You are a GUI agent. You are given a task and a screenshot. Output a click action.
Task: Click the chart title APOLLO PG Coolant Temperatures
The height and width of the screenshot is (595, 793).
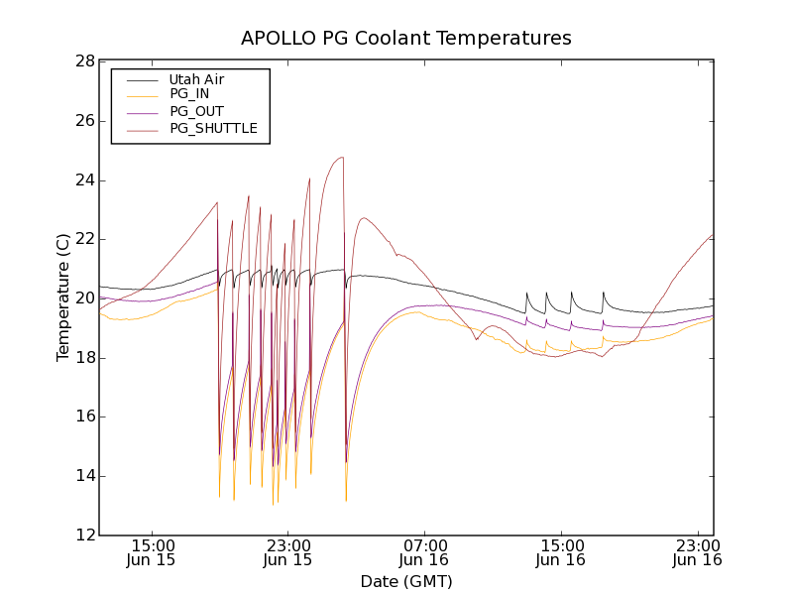point(406,39)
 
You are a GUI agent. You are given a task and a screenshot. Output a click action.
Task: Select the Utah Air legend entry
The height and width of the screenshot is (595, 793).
point(196,79)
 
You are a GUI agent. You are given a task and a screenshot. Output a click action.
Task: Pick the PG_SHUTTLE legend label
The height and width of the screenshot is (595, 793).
point(213,128)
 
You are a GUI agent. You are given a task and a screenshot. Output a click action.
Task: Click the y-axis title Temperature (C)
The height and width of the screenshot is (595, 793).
point(63,297)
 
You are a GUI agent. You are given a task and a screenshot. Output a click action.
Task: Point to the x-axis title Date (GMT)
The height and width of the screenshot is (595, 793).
point(406,581)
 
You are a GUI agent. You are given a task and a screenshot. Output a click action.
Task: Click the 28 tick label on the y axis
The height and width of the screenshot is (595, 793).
point(83,61)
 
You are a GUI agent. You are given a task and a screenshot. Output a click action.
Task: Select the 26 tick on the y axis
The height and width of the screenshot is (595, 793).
point(83,121)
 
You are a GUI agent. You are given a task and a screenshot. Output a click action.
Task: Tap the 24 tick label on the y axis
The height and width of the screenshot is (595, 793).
point(83,180)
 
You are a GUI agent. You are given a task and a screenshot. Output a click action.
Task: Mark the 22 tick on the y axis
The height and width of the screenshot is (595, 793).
point(83,239)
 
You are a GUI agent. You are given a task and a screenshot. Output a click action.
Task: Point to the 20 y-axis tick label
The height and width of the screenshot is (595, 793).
point(83,298)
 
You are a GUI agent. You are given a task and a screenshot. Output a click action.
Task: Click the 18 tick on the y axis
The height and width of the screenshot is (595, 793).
point(83,358)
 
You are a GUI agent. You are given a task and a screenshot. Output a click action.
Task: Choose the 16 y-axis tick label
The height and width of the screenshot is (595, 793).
point(83,416)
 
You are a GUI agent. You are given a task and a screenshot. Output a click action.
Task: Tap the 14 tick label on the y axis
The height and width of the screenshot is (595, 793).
point(83,476)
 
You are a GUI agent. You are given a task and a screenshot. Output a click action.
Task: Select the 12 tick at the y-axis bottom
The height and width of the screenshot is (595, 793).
point(83,535)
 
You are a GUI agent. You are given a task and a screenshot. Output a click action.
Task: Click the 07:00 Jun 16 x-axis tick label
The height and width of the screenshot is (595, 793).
point(425,552)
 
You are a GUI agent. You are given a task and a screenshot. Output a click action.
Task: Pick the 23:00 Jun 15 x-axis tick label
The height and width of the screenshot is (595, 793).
point(288,552)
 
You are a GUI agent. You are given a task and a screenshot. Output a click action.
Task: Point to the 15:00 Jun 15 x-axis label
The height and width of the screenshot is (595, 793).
point(153,552)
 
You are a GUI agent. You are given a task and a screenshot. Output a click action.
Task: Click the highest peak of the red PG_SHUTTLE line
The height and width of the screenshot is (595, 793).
point(342,157)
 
